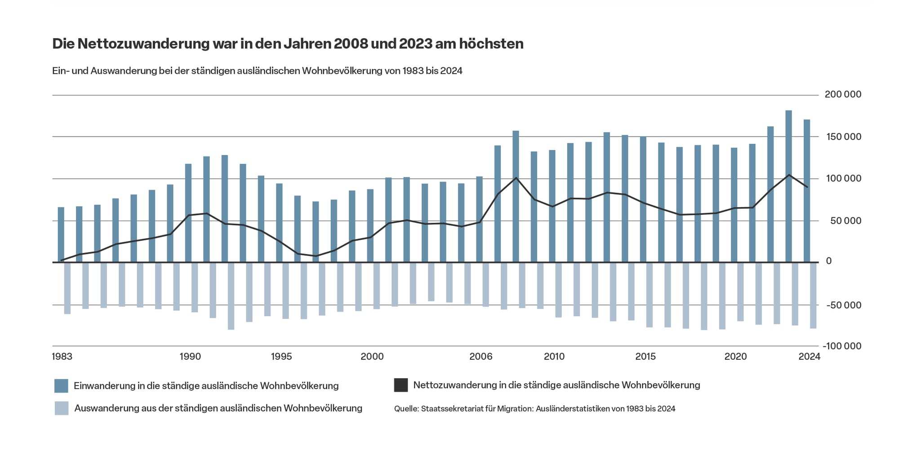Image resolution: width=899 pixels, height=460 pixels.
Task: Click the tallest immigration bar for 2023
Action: [788, 186]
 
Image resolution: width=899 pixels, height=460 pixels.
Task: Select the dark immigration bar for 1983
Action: [61, 234]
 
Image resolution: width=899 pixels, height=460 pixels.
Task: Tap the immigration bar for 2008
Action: [516, 196]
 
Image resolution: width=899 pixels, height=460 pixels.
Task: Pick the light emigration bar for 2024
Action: [813, 296]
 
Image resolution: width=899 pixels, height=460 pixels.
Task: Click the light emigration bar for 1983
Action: [67, 288]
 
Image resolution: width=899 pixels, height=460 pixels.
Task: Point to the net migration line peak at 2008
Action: [516, 177]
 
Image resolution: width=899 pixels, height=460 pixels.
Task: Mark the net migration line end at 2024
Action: [807, 187]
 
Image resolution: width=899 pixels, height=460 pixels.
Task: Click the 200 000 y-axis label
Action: [843, 94]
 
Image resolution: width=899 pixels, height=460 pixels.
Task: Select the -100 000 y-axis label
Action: [841, 346]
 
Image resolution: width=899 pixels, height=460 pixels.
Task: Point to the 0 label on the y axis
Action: [829, 261]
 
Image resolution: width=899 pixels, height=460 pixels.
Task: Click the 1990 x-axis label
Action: [190, 357]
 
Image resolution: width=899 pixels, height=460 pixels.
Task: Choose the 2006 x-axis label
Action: [481, 357]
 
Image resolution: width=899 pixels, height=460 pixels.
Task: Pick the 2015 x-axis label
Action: [645, 357]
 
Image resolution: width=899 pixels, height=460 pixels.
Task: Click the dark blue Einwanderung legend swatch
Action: [61, 386]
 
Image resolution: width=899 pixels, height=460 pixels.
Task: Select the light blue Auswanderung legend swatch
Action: [62, 408]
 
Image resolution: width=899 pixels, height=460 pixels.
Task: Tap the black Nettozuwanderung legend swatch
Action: [401, 385]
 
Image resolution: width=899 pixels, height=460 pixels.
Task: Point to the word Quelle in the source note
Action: [406, 409]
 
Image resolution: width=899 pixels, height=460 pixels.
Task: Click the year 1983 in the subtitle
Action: [412, 71]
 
